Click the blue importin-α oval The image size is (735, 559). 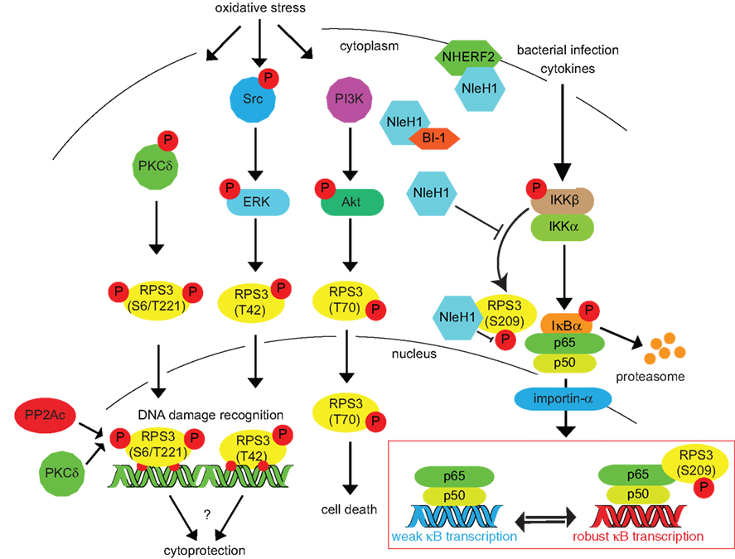563,399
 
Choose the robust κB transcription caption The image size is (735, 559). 640,536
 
